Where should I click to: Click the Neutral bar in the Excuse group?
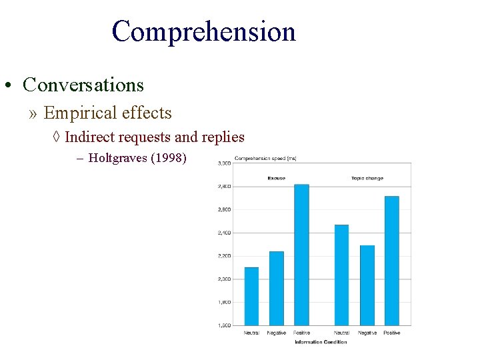[251, 296]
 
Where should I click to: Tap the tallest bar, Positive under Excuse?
[301, 255]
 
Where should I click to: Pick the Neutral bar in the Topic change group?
[341, 275]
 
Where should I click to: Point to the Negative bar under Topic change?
[367, 285]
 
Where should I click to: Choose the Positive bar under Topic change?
[391, 261]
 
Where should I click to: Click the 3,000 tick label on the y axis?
[224, 163]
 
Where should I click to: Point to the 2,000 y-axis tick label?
[224, 279]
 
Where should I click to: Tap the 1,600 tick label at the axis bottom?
[224, 325]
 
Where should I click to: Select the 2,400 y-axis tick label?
[224, 233]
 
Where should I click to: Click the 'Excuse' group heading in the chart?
[276, 178]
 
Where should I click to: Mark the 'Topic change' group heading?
[367, 178]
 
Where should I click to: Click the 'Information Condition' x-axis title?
[321, 342]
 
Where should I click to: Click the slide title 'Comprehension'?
[203, 31]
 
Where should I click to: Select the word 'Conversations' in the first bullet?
[83, 85]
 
